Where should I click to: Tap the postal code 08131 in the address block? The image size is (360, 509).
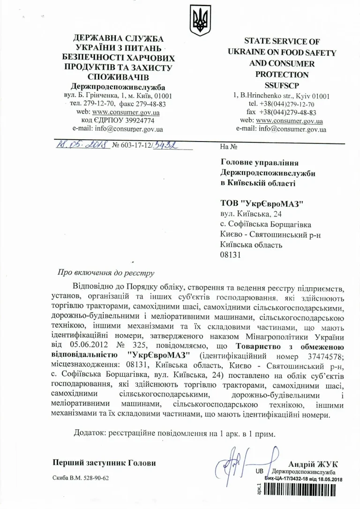[230, 255]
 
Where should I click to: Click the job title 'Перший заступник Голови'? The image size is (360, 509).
[104, 463]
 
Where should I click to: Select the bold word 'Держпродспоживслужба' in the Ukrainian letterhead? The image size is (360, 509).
[118, 87]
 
